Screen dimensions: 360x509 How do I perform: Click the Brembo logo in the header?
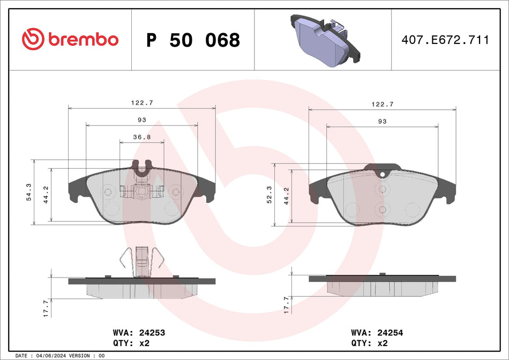pos(70,40)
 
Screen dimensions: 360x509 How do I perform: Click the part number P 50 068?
pos(193,40)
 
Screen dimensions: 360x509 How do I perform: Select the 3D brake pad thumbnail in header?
pos(324,39)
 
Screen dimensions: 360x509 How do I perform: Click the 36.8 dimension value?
pos(141,137)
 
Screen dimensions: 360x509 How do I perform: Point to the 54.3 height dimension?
pos(29,191)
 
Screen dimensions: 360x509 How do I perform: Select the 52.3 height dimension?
pos(270,197)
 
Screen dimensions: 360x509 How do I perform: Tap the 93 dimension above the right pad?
pos(382,122)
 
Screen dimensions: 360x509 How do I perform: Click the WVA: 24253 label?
pos(138,333)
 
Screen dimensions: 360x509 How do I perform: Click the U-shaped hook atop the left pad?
pos(141,169)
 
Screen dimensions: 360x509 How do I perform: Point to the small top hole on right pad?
pos(382,173)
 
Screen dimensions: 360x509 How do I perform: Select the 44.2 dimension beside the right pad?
pos(287,197)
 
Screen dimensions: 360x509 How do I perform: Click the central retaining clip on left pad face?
pos(141,191)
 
